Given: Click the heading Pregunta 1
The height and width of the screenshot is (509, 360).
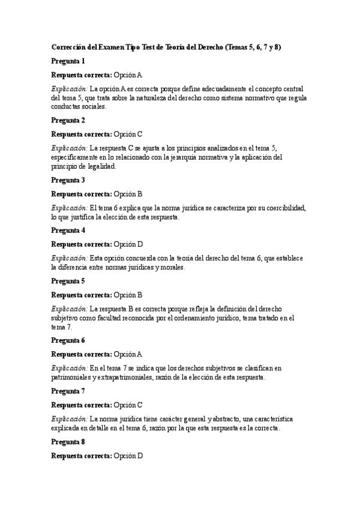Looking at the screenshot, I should pos(68,61).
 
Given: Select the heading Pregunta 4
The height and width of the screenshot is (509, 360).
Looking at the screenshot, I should pos(68,230).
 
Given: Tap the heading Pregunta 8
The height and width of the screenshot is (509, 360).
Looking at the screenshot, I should pos(68,441).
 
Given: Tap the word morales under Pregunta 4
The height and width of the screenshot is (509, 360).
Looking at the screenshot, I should pos(172,267).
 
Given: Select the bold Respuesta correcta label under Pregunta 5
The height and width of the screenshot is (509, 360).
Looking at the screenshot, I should pos(81,295).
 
